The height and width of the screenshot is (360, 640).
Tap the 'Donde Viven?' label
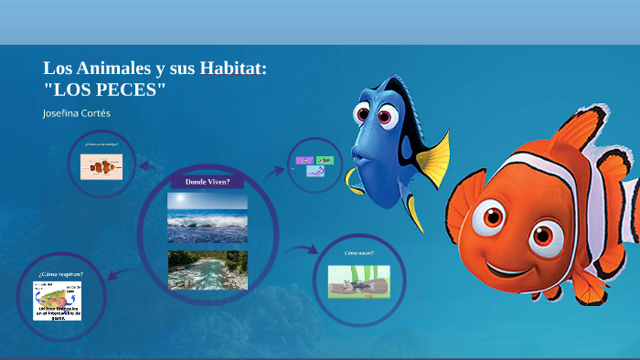coord(207,182)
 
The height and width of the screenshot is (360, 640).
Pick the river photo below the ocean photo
coord(207,270)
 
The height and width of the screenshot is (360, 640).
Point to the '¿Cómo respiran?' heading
coord(60,274)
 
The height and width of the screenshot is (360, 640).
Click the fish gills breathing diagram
coord(57,301)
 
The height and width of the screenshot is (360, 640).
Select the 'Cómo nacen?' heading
coord(357,252)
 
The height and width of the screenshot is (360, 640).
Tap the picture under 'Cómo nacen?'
coord(358,281)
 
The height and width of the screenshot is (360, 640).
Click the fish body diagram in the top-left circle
coord(102,166)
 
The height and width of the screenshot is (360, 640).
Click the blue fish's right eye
coord(386,115)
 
